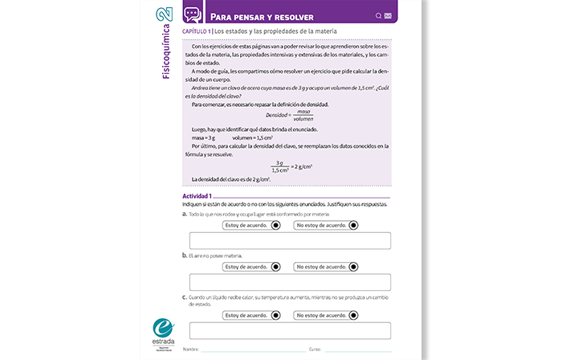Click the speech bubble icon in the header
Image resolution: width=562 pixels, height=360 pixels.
(x=191, y=14)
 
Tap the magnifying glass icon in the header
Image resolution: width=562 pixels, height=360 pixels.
(x=379, y=15)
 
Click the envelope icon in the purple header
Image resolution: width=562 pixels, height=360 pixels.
(x=389, y=15)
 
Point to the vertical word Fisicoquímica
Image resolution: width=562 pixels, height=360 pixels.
(x=165, y=53)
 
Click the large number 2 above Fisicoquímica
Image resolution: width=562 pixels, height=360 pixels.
(x=165, y=16)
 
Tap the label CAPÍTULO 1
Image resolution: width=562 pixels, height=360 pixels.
(x=197, y=31)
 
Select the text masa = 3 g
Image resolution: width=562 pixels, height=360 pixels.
(x=204, y=138)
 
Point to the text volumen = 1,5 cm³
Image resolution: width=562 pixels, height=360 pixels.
(x=252, y=138)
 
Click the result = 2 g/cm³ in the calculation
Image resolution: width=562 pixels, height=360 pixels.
(x=302, y=166)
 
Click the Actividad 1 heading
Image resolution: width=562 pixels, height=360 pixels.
(x=197, y=196)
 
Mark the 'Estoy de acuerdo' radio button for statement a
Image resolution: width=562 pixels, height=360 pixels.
(x=276, y=226)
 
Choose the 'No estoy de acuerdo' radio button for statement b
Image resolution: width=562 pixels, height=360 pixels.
(x=354, y=267)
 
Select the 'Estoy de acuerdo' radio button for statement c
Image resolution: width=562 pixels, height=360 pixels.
(x=276, y=315)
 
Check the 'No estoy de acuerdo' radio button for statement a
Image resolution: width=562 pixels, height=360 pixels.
(x=354, y=226)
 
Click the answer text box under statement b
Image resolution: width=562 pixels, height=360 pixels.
(x=289, y=281)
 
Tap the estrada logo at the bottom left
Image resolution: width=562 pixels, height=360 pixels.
(x=164, y=332)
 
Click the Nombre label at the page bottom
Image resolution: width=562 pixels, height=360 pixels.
(x=190, y=350)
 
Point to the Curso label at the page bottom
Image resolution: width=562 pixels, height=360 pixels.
(x=315, y=350)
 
